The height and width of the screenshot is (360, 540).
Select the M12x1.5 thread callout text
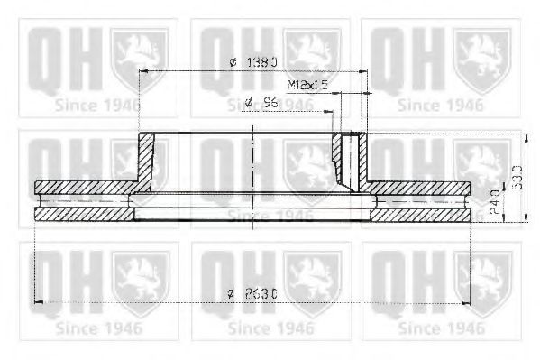point(307,85)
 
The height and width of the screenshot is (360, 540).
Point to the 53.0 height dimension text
point(517,177)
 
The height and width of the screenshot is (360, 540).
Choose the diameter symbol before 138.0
point(232,61)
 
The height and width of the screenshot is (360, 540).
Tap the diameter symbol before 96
point(248,104)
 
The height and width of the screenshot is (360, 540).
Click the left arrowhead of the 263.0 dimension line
point(38,301)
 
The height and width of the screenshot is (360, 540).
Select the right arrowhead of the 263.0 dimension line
point(467,301)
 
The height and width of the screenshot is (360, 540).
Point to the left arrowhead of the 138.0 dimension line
point(145,71)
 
